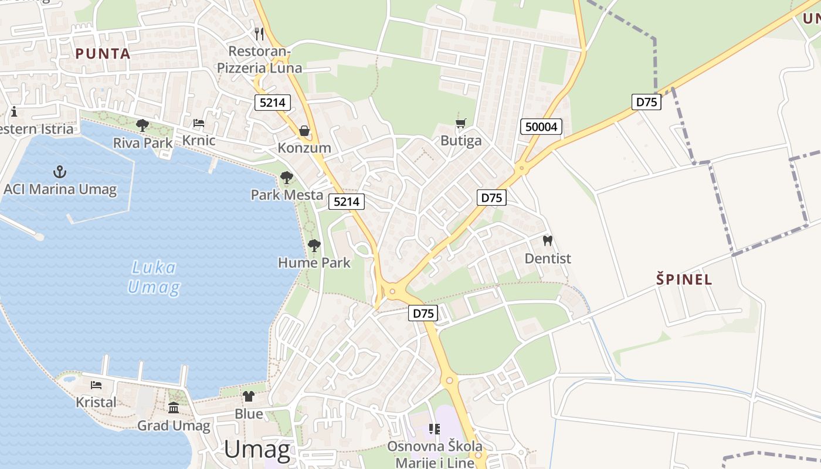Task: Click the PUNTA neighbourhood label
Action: coord(103,53)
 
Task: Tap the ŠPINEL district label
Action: coord(684,280)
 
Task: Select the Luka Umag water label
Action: coord(153,278)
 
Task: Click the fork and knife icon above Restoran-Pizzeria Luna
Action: coord(259,33)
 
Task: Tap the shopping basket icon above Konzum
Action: coord(304,130)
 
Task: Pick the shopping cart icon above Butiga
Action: coord(461,123)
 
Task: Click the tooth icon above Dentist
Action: coord(548,240)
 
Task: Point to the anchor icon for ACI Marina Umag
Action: coord(60,172)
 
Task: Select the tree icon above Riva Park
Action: coord(143,125)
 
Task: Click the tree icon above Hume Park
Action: coord(314,245)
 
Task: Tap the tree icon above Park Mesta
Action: coord(287,177)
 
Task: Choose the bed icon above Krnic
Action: coord(199,123)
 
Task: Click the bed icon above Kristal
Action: coord(96,385)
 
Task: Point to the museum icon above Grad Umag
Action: coord(174,408)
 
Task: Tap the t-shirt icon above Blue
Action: coord(249,396)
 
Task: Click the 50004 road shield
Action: coord(541,127)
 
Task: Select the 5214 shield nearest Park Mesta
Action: coord(346,202)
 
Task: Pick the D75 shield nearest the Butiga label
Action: coord(491,198)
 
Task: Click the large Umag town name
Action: coord(257,450)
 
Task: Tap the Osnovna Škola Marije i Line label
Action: coord(435,454)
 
